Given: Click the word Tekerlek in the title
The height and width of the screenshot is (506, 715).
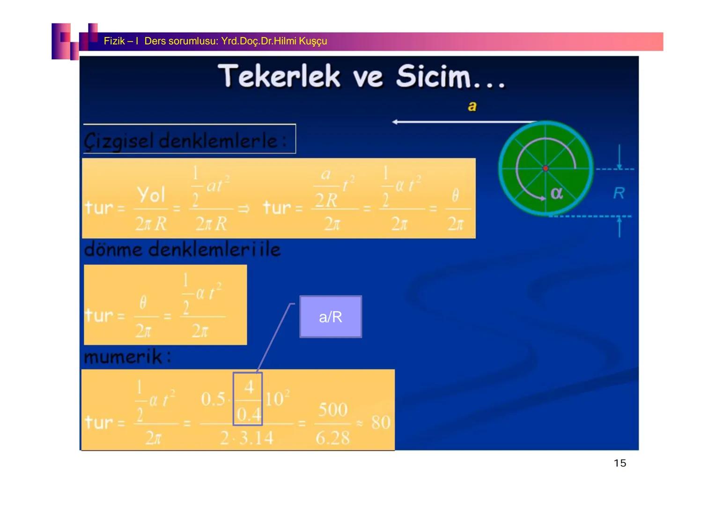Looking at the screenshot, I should [x=279, y=76].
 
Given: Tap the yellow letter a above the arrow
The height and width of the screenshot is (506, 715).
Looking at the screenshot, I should [x=472, y=106].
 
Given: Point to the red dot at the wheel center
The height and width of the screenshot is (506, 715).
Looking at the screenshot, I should [x=545, y=168].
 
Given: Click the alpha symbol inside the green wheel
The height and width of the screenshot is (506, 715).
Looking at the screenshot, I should [x=556, y=193].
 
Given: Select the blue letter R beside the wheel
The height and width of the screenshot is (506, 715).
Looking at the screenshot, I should [x=619, y=193].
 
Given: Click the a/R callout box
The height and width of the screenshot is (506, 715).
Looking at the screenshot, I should [x=331, y=317].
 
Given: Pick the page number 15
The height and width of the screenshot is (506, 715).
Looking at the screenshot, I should [x=619, y=463].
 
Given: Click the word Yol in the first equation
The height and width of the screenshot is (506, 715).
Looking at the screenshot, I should [x=151, y=194].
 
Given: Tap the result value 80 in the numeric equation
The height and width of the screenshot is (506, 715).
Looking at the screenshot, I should [x=381, y=423].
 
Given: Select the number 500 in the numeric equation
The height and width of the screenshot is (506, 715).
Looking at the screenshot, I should [x=333, y=410].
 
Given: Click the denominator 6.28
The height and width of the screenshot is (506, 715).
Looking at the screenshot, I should [x=332, y=439].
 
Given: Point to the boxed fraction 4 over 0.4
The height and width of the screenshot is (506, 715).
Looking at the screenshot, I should [x=248, y=399].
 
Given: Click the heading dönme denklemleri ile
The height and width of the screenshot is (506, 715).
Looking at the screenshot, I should [x=182, y=249].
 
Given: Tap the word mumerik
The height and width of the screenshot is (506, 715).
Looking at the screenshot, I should [x=124, y=357].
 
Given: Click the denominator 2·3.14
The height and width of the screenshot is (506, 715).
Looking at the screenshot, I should [x=246, y=439].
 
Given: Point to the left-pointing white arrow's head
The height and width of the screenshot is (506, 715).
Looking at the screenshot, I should [x=395, y=122].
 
